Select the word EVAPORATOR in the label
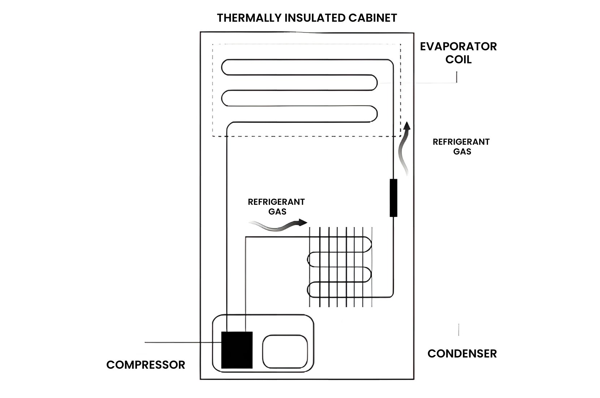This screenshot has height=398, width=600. click(x=458, y=46)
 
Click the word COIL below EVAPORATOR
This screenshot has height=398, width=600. click(x=458, y=59)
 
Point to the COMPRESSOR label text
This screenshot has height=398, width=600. click(x=145, y=365)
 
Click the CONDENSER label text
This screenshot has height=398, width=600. click(x=462, y=353)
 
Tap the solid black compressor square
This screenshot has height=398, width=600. click(x=237, y=350)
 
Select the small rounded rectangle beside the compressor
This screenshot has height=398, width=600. click(x=285, y=351)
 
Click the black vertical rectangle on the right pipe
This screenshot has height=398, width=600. click(x=393, y=198)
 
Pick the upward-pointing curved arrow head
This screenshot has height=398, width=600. click(x=407, y=126)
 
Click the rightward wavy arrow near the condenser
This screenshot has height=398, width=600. click(x=278, y=226)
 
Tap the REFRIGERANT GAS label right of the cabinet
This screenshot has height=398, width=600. click(x=461, y=147)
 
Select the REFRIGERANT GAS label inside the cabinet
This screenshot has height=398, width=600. click(x=277, y=207)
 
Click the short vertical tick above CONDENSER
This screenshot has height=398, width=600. click(x=459, y=330)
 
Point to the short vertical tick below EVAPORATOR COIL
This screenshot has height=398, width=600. click(x=457, y=77)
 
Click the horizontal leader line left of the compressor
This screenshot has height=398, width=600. click(x=173, y=342)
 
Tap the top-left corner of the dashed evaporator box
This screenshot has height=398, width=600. click(x=213, y=45)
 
